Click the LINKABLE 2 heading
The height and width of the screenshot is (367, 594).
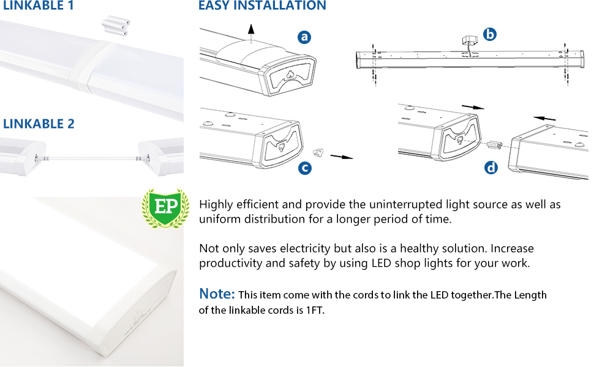click(x=39, y=124)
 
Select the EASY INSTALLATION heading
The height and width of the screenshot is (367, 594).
click(x=262, y=6)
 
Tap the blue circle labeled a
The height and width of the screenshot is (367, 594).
click(x=304, y=37)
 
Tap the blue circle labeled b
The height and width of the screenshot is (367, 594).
click(x=489, y=35)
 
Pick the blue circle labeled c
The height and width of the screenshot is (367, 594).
click(x=304, y=168)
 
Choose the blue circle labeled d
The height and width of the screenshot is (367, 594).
click(x=491, y=167)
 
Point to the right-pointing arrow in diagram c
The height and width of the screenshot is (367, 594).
click(x=342, y=157)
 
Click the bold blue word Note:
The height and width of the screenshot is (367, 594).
click(x=217, y=294)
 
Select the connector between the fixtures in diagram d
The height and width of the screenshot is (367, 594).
click(x=495, y=146)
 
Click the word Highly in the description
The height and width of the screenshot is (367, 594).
click(x=215, y=205)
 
